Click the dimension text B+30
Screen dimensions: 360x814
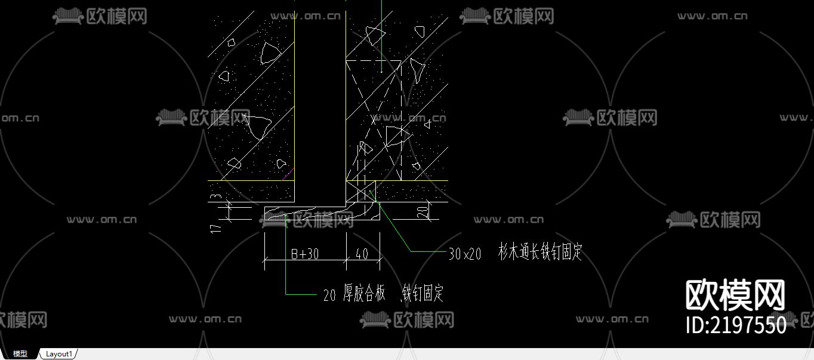(x=304, y=254)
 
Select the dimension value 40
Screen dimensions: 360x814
(x=362, y=254)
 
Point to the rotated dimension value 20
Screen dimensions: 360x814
(x=422, y=211)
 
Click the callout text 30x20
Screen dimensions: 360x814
(x=464, y=254)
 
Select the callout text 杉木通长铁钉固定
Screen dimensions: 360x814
(x=539, y=253)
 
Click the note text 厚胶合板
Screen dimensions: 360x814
(x=364, y=294)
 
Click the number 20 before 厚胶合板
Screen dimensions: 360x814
(x=329, y=295)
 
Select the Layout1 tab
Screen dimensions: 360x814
(x=59, y=354)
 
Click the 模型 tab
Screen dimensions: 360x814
(x=20, y=354)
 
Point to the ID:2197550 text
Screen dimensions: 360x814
(x=736, y=325)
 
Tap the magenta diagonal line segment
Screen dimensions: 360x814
(x=288, y=174)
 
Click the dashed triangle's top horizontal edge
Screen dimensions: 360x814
(x=374, y=60)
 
